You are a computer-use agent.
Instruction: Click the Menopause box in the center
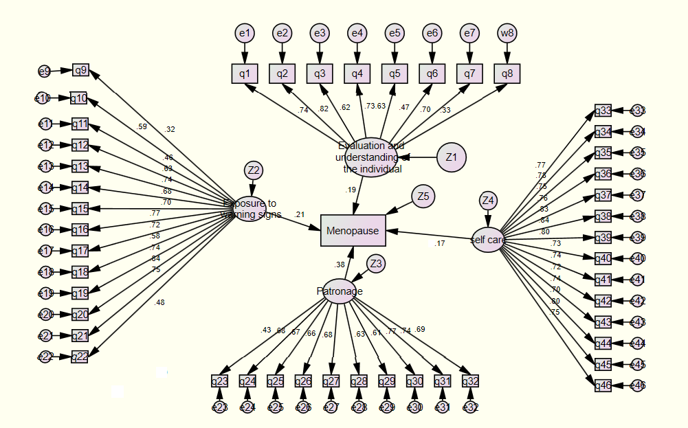tap(353, 231)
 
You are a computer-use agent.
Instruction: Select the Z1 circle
tap(451, 157)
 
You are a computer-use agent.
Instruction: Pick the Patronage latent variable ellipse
tap(340, 291)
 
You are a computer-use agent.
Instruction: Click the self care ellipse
tap(488, 239)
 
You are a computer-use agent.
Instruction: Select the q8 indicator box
tap(507, 73)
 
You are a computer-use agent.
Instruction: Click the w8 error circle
tap(507, 32)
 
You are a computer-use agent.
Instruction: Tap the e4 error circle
tap(357, 32)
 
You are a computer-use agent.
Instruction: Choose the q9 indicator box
tap(81, 70)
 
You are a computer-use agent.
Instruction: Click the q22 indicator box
tap(80, 356)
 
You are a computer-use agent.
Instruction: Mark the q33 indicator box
tap(603, 111)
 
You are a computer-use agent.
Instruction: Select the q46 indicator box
tap(603, 385)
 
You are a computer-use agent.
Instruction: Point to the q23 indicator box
tap(219, 381)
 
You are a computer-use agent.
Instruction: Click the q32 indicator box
tap(470, 381)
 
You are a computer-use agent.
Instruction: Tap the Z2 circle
tap(254, 170)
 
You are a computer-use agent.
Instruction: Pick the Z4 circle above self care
tap(488, 201)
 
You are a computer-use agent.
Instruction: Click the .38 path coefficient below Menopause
tap(339, 264)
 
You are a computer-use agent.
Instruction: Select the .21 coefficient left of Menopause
tap(299, 215)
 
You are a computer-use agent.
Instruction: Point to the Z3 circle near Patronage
tap(375, 264)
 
